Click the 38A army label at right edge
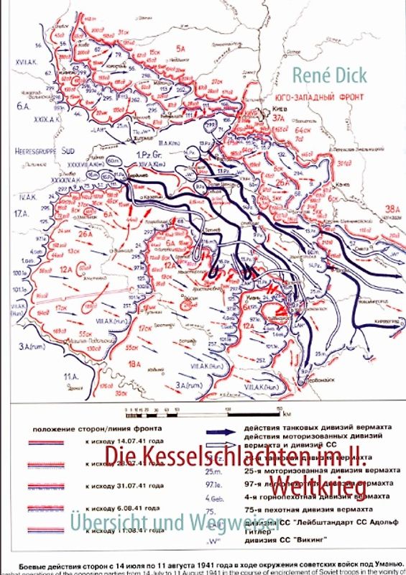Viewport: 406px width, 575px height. [x=392, y=208]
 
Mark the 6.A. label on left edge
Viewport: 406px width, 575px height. [x=14, y=104]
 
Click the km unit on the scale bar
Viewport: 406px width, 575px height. [x=286, y=415]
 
